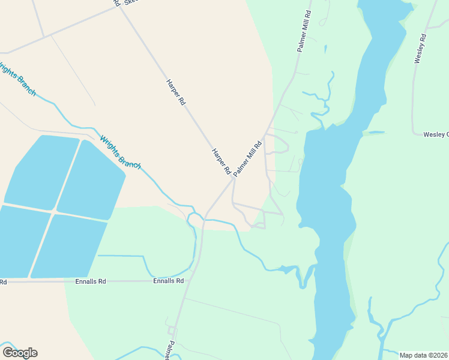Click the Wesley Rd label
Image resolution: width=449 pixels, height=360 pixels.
click(420, 49)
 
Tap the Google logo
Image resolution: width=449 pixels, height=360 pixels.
click(20, 353)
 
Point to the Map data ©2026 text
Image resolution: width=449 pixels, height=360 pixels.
click(424, 355)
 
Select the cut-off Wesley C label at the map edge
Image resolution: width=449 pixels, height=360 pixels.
click(436, 134)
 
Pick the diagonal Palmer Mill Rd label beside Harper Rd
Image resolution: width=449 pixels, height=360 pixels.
click(248, 158)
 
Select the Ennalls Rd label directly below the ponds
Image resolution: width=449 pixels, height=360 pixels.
click(91, 281)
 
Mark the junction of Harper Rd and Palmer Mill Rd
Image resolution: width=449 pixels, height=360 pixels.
click(233, 179)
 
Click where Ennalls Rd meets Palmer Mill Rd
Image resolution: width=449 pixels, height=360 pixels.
click(189, 281)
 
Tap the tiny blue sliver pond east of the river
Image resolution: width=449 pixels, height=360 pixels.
click(376, 132)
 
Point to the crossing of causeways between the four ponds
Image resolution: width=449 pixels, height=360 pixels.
click(55, 212)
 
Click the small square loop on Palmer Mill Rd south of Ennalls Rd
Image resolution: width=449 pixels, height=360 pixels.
click(172, 330)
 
